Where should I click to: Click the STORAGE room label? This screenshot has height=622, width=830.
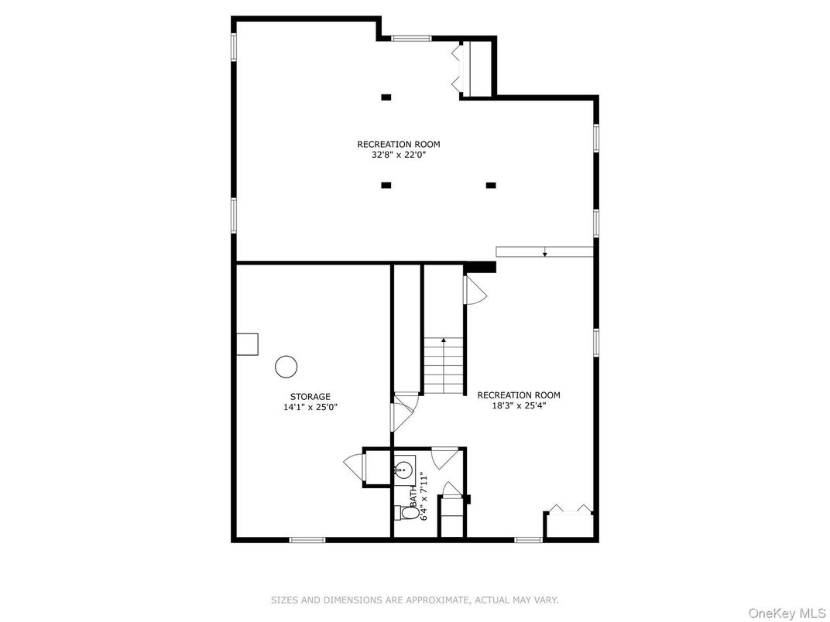310,397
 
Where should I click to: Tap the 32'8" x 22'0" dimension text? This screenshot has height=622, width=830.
399,155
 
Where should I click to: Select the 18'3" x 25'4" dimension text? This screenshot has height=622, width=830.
519,406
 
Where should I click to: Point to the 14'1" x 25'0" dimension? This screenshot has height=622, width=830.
310,407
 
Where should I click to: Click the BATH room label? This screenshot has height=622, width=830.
413,497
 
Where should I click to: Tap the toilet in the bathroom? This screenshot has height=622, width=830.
406,512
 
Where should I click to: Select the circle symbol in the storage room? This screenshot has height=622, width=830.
286,367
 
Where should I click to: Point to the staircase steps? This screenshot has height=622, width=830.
444,366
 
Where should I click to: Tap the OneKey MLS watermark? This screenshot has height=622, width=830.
788,613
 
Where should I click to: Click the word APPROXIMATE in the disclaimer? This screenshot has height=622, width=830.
437,600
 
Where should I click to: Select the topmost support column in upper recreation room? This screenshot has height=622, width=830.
386,97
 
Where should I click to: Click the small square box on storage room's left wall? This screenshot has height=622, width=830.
247,344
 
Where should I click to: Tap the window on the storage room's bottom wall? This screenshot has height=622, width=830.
307,540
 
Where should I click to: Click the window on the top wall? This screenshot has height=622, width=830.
411,38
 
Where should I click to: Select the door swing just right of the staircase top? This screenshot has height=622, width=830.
475,290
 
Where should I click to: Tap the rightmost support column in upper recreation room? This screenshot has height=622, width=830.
491,185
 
